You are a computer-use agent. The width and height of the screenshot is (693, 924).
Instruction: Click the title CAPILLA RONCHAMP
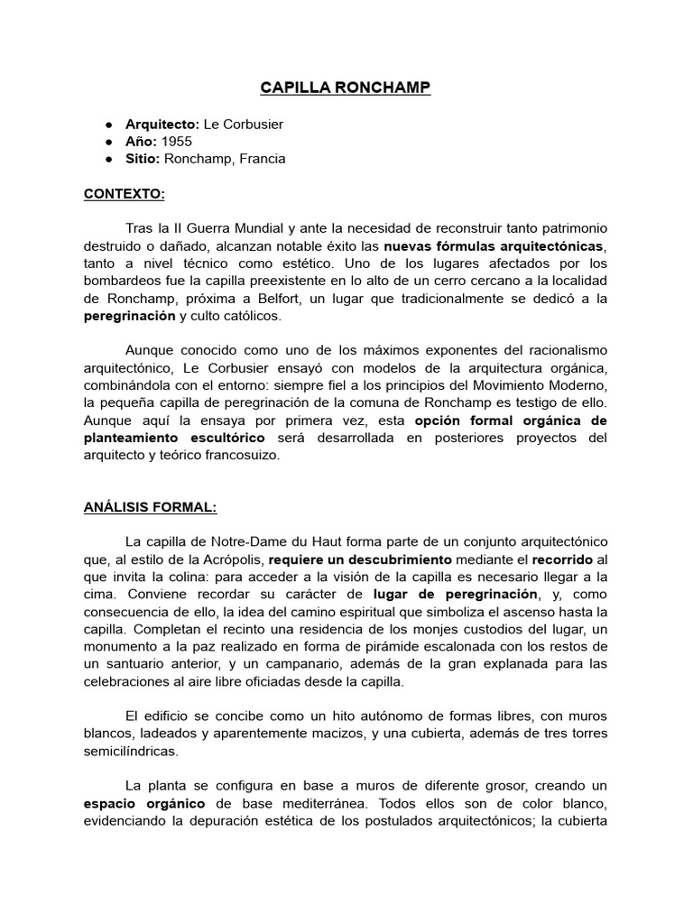tap(346, 88)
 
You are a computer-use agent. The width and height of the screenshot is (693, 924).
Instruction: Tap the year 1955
tap(178, 142)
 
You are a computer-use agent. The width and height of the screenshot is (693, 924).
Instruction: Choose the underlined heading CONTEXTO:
tap(125, 193)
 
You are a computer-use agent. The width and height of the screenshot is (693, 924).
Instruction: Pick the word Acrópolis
tap(232, 559)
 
